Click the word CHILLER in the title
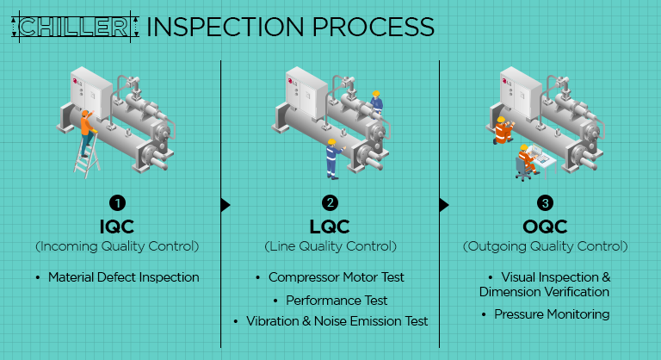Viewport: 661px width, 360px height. pyautogui.click(x=73, y=27)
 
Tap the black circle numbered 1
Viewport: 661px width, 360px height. pyautogui.click(x=117, y=204)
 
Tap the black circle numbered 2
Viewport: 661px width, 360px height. pyautogui.click(x=330, y=204)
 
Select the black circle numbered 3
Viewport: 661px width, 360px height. pyautogui.click(x=545, y=204)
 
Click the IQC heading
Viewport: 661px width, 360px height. pyautogui.click(x=117, y=227)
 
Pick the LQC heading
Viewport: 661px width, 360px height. pyautogui.click(x=330, y=227)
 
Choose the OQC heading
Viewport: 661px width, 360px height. pyautogui.click(x=545, y=227)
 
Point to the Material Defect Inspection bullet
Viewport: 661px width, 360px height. pyautogui.click(x=122, y=277)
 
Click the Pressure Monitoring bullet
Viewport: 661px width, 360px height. pyautogui.click(x=551, y=314)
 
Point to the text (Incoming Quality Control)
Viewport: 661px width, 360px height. pyautogui.click(x=117, y=246)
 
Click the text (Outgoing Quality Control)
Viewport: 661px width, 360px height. pyautogui.click(x=545, y=246)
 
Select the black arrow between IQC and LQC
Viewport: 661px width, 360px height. pyautogui.click(x=225, y=205)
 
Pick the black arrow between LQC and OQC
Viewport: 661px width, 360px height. pyautogui.click(x=444, y=205)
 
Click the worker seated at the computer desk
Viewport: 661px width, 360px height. pyautogui.click(x=524, y=159)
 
